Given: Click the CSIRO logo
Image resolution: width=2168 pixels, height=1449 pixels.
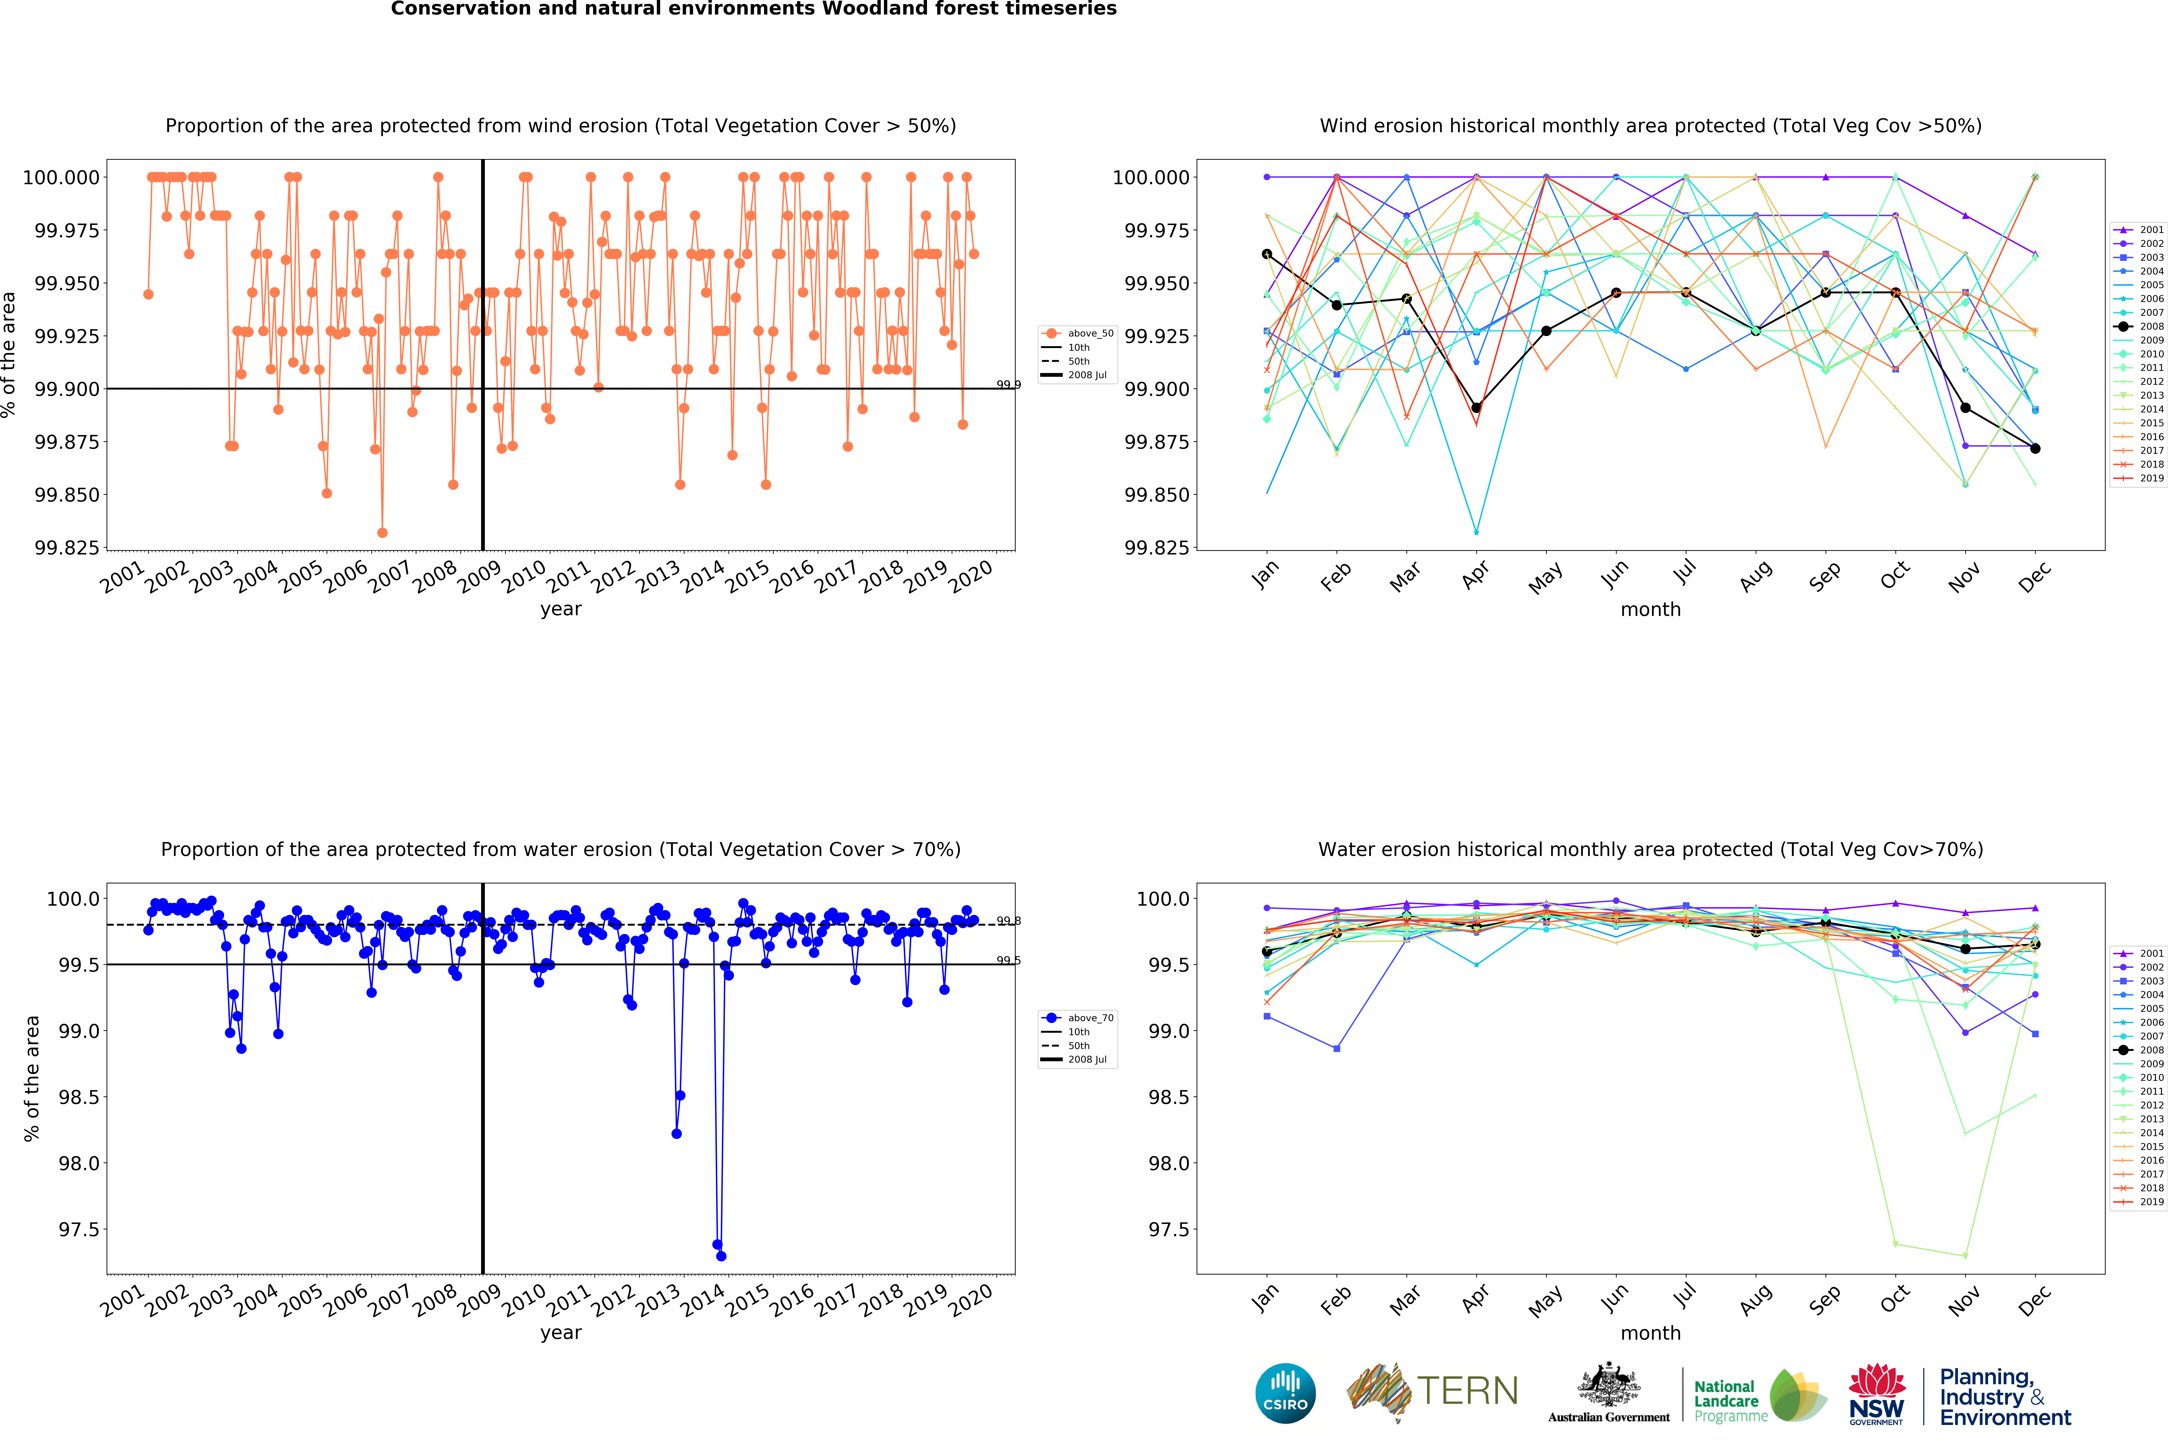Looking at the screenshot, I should pos(1285,1393).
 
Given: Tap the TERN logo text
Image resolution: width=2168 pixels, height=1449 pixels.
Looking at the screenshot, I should pos(1467,1391).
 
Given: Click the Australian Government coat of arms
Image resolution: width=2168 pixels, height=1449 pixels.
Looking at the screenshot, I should pos(1608,1386).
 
